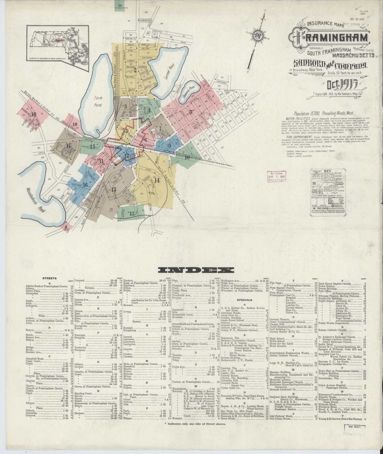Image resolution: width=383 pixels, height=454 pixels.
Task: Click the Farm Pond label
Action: tap(98, 101)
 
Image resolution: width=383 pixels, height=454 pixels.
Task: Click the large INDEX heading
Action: tap(196, 270)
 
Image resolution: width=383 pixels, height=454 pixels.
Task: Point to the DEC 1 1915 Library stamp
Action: tap(277, 177)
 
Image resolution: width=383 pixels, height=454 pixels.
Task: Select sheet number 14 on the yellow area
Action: tap(157, 180)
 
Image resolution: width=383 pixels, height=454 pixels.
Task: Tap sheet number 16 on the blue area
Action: tap(85, 185)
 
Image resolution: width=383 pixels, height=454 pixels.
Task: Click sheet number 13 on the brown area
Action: tap(114, 189)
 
